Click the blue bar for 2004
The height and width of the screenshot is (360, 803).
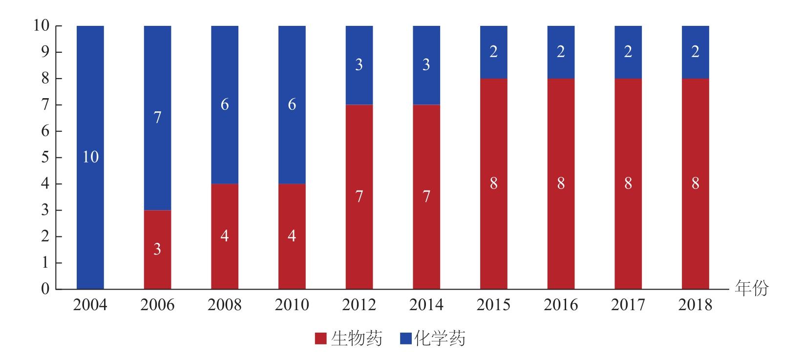pos(90,98)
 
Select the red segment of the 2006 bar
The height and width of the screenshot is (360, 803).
pos(157,225)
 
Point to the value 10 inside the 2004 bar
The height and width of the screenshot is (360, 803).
pos(90,157)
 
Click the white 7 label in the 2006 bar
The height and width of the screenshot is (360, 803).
pos(157,118)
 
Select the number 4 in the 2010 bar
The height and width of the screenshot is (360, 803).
pos(292,236)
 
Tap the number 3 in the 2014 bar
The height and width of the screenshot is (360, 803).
pos(426,65)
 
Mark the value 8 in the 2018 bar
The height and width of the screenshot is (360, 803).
pos(695,184)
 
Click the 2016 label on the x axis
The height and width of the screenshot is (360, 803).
pos(561,305)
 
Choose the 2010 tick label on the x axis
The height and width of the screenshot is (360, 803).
pos(292,305)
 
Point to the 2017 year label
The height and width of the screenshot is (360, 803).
pos(628,305)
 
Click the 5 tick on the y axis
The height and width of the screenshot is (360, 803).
pos(45,158)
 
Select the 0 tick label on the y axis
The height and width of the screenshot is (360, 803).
pos(45,289)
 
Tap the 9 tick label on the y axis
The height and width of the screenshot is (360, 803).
pos(45,52)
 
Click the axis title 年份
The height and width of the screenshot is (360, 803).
pos(752,289)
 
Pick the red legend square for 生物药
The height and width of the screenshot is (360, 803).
pos(321,339)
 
